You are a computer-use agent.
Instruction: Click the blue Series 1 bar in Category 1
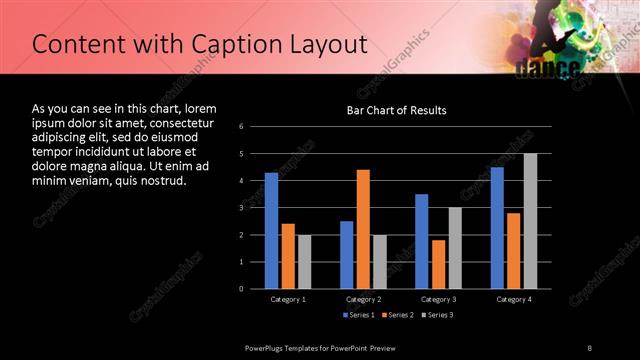pos(271,230)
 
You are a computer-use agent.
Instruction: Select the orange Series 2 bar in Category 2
pos(363,229)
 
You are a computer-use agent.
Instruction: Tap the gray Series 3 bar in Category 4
pos(530,221)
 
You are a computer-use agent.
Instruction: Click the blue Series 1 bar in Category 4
pos(497,227)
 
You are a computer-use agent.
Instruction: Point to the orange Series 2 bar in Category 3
pos(438,264)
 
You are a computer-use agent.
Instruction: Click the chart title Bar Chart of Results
pos(396,110)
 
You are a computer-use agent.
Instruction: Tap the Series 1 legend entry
pos(359,316)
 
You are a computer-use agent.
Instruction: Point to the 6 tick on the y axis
pos(242,126)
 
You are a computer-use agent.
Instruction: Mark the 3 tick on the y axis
pos(242,207)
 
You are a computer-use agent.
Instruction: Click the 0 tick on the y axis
pos(242,288)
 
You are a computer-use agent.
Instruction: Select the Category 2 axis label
pos(363,299)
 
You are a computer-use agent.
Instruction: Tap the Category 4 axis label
pos(514,299)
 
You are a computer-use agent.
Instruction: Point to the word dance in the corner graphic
pos(548,68)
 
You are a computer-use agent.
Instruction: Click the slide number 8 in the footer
pos(590,347)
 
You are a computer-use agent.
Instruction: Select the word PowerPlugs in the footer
pos(267,347)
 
